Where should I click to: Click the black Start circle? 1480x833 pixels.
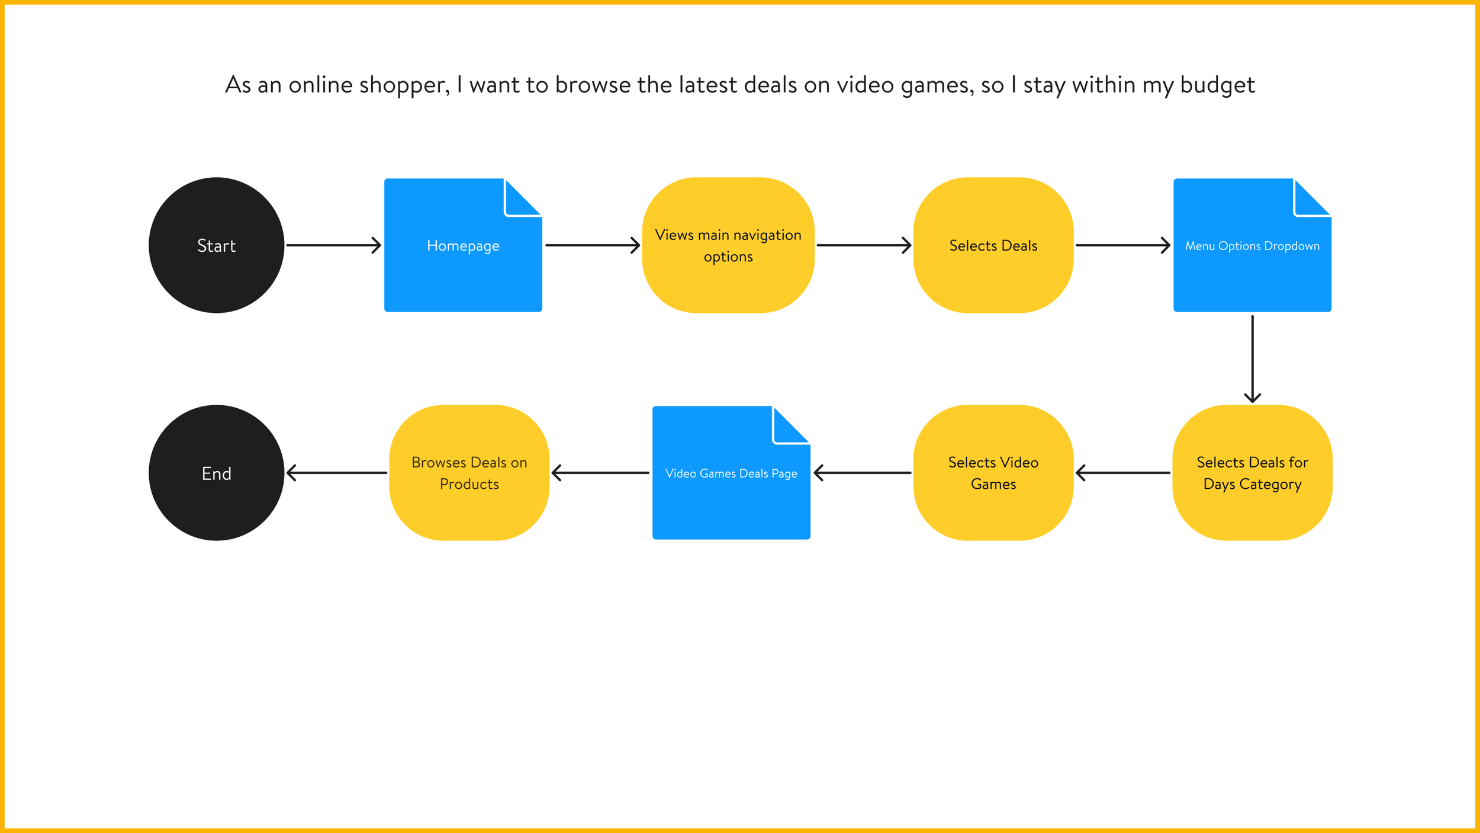[216, 245]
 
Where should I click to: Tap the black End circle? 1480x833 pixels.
[216, 473]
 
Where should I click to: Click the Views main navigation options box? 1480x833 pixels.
[728, 245]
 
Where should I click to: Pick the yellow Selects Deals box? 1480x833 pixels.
[993, 245]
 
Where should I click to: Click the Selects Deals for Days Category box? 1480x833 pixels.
[1252, 473]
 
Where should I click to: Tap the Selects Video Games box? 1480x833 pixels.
[993, 473]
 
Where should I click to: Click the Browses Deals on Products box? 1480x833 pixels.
[469, 473]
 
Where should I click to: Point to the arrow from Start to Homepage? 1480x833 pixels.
[333, 245]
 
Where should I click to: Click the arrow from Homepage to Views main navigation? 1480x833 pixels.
[592, 245]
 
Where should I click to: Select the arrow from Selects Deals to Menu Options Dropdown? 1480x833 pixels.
[1122, 245]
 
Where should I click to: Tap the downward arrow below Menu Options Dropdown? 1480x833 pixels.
[1252, 359]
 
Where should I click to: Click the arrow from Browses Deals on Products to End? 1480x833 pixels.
[337, 473]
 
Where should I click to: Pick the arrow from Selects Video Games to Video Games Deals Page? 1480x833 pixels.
[862, 473]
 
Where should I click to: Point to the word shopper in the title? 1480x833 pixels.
[404, 85]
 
